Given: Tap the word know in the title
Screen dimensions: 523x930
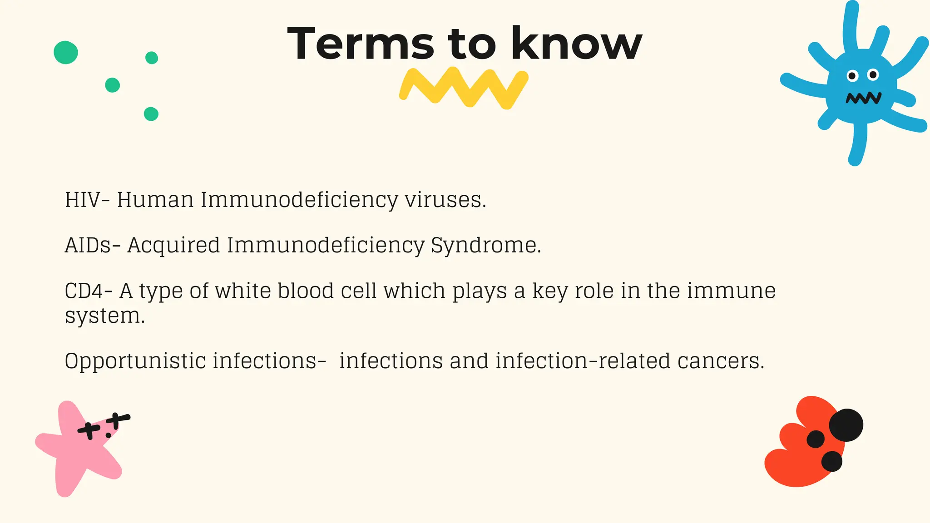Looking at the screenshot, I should [576, 44].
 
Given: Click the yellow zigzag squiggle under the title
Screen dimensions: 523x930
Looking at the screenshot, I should [464, 88].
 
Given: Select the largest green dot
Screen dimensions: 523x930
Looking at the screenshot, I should [66, 53].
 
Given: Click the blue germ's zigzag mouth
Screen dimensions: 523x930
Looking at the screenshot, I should [863, 98].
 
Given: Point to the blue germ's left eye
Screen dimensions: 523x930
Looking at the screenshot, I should [852, 76].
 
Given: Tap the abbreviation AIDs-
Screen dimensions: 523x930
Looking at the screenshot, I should [93, 245].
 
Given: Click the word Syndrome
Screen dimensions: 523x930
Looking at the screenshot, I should [485, 245].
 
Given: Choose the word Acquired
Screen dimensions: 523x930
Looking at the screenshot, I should [173, 245].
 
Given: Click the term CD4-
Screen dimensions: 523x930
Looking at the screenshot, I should [89, 291].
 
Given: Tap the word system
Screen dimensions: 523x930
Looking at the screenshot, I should [104, 316].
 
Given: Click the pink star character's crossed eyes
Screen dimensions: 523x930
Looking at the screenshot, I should [104, 424].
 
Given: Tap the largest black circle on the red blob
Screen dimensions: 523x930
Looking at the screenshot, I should [846, 425].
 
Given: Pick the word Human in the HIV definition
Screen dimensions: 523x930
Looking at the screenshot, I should [155, 200].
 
